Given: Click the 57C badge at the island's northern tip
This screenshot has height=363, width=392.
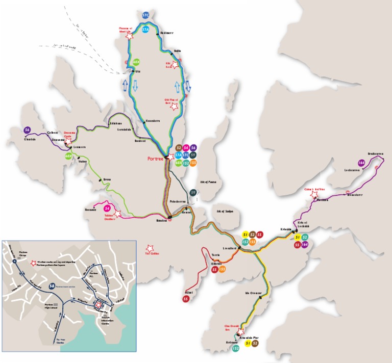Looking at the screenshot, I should (146, 15).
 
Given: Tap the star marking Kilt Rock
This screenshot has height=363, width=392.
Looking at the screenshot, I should (175, 65).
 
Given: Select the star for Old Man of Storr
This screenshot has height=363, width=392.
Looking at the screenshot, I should (174, 107).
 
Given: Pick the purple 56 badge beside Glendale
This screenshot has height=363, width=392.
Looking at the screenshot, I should (27, 130).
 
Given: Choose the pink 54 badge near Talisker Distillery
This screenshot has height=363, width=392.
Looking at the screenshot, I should (107, 208).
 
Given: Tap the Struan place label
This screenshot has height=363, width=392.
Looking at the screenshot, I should (107, 179).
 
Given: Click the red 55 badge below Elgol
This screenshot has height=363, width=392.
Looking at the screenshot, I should (186, 299).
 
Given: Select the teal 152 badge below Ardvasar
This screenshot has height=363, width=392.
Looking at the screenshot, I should (235, 349).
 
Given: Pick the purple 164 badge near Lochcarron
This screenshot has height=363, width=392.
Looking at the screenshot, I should (361, 163).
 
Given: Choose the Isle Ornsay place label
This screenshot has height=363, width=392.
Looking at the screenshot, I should (253, 293).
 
